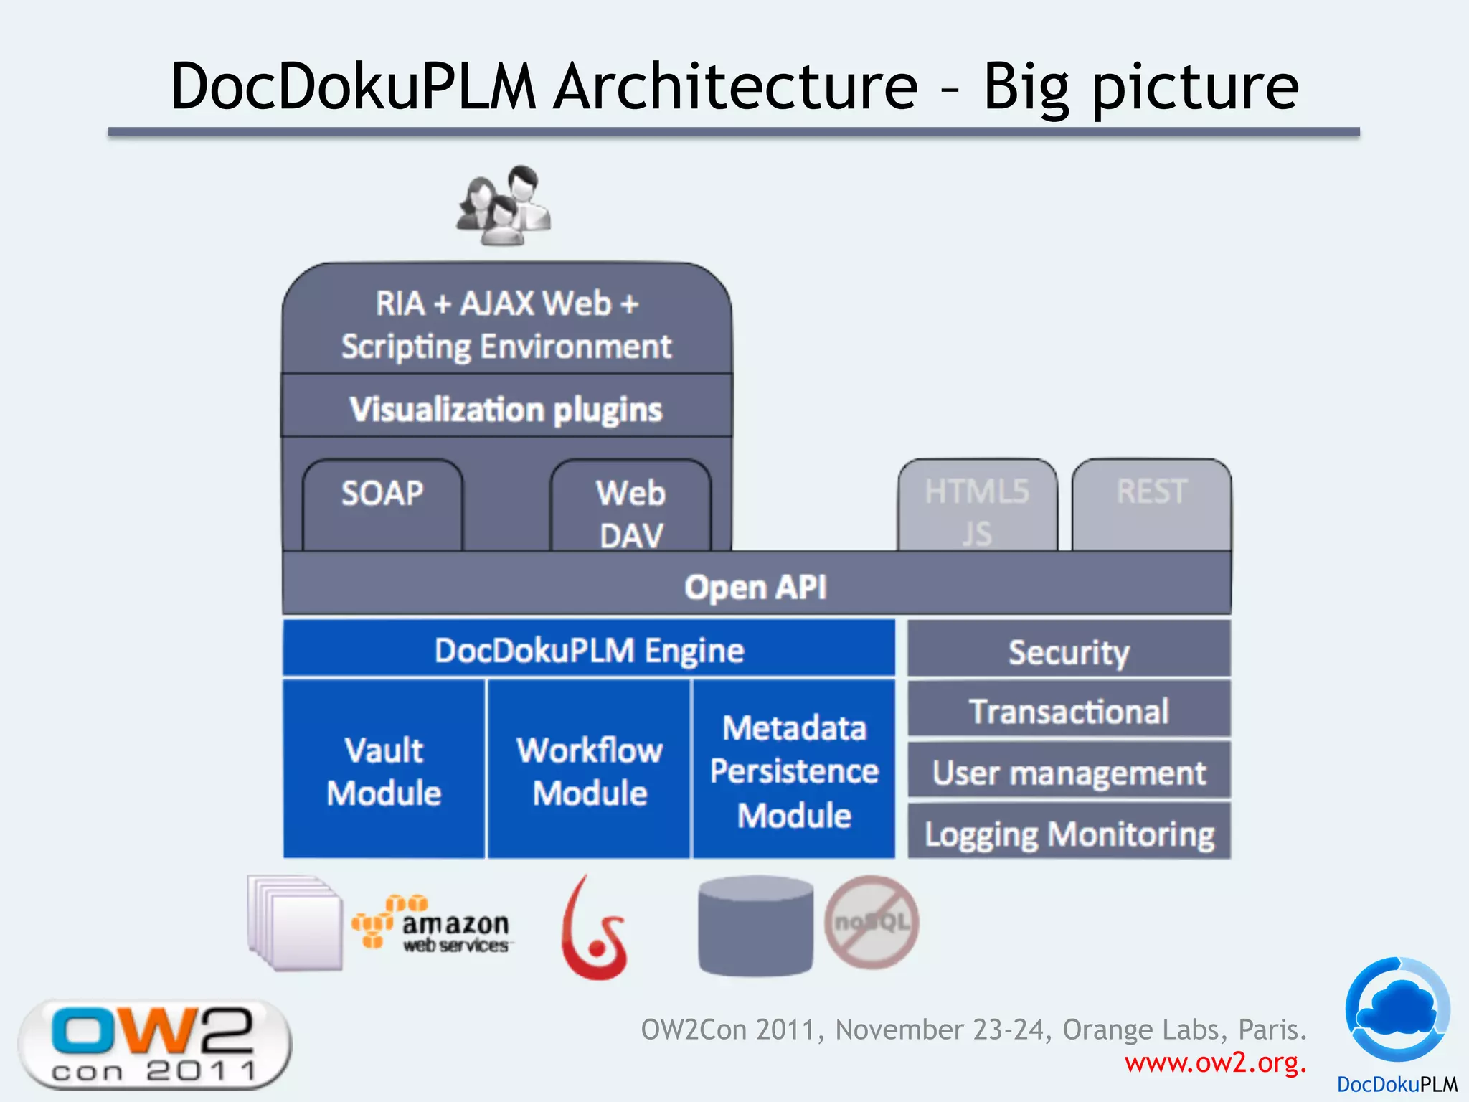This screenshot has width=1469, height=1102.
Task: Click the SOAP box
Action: coord(382,505)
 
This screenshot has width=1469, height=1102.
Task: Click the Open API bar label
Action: coord(755,587)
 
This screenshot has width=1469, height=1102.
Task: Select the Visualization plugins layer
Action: coord(506,409)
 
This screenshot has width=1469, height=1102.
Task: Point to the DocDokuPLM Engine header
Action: coord(589,650)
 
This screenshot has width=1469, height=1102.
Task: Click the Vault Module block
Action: coord(384,771)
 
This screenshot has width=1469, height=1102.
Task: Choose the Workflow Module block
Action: coord(589,771)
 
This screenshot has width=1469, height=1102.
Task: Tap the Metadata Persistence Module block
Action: coord(794,771)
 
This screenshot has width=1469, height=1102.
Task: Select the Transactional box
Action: coord(1069,711)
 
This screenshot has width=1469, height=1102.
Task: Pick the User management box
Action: coord(1069,772)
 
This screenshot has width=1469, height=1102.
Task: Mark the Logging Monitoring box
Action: coord(1069,833)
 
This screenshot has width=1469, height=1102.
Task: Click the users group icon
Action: coord(504,206)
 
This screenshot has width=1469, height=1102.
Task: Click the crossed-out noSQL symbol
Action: coord(872,922)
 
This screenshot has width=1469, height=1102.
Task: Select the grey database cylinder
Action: coord(755,926)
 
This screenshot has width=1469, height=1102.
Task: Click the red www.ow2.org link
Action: coord(1215,1063)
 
